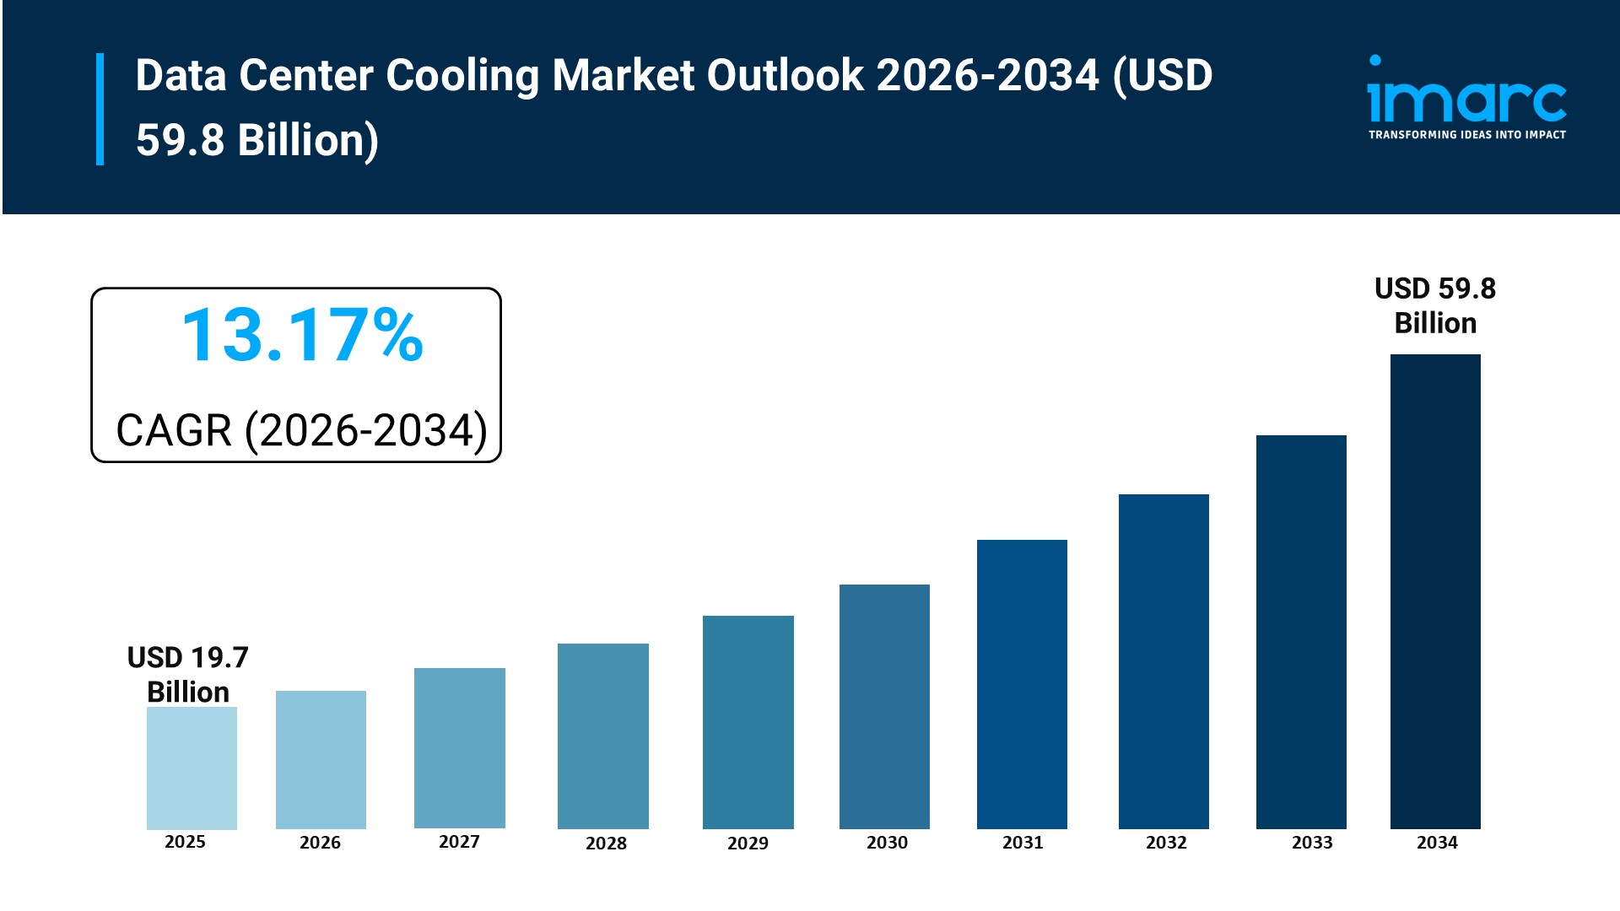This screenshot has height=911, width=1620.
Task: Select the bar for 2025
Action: [192, 768]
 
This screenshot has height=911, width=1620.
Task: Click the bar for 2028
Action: [602, 736]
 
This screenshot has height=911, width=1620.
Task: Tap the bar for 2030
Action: [884, 706]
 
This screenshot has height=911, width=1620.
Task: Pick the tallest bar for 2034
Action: [1434, 590]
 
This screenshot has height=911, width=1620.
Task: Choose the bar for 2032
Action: [1164, 660]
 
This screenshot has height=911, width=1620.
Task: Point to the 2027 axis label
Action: [459, 842]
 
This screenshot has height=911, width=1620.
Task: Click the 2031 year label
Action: [1023, 843]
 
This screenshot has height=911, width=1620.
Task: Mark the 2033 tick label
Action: [1312, 843]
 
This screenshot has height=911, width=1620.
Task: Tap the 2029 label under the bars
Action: [748, 844]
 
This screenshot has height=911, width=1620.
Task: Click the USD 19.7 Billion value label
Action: [188, 674]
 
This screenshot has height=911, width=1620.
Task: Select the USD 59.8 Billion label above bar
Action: [1434, 305]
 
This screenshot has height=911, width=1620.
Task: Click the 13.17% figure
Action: [302, 336]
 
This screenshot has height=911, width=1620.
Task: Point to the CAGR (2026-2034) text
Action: [301, 430]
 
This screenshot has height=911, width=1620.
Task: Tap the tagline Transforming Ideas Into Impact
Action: [1466, 135]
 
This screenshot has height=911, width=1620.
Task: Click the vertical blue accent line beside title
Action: [100, 109]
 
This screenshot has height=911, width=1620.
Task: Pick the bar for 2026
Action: [321, 759]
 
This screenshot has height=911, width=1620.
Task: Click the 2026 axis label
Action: [320, 843]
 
